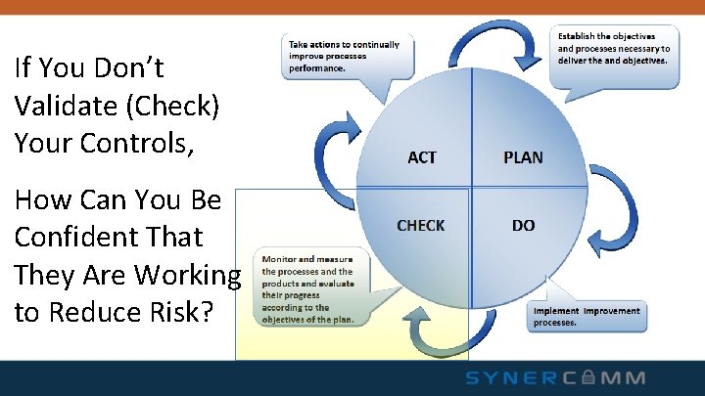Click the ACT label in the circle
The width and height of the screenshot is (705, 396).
[421, 157]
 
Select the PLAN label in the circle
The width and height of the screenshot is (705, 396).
[523, 157]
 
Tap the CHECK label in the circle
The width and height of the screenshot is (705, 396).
[420, 226]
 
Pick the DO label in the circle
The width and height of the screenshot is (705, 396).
[523, 226]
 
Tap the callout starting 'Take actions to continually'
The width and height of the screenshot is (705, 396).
[343, 57]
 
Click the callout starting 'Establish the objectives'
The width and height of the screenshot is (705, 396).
[613, 48]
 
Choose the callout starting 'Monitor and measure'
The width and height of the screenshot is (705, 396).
[307, 286]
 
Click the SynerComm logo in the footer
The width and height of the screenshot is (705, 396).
[555, 377]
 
